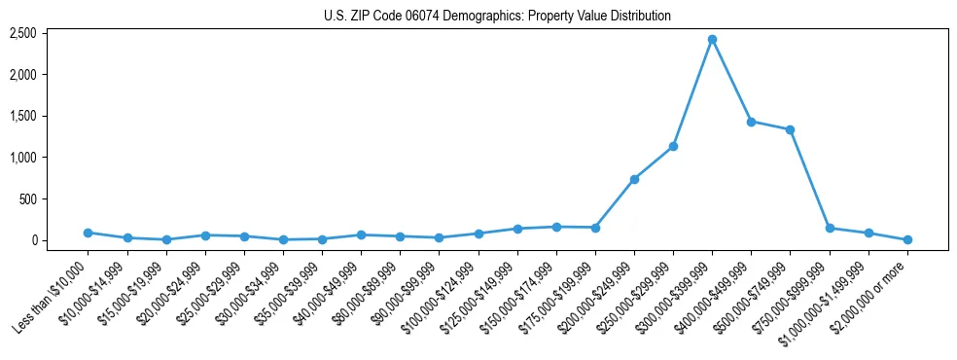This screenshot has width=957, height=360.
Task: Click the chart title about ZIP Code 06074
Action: point(497,16)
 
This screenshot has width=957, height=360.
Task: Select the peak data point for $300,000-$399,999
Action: point(712,39)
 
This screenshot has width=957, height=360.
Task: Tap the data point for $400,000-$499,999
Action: point(751,122)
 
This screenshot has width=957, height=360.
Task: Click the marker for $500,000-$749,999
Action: point(790,129)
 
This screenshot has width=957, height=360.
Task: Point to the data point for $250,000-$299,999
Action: point(673,146)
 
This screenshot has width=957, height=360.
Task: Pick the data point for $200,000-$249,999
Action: point(634,179)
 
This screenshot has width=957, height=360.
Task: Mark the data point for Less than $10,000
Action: point(88,233)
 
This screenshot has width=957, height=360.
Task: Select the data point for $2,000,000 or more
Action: point(907,239)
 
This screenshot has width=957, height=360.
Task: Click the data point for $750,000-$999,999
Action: point(830,228)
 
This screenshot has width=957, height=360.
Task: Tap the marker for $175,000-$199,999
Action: point(595,228)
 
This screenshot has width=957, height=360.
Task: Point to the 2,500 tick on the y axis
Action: point(22,33)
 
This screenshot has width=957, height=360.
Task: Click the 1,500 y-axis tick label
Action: point(22,116)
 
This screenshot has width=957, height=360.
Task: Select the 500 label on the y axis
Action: point(27,198)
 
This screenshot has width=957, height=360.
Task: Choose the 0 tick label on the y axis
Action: point(33,240)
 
